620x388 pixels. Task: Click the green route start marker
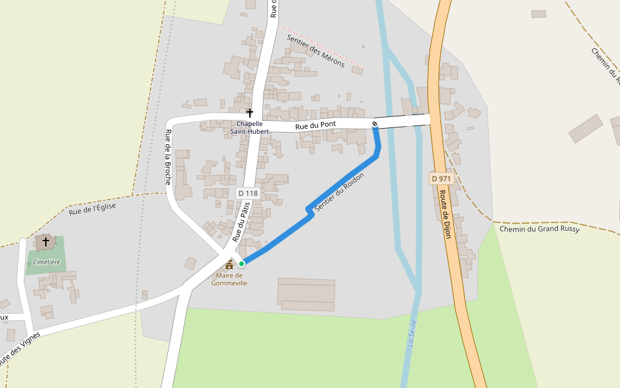[x=242, y=263]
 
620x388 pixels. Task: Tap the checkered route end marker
[x=375, y=124]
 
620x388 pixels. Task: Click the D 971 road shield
[x=440, y=178]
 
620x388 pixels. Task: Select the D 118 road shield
[x=247, y=193]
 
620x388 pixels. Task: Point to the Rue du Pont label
[x=316, y=126]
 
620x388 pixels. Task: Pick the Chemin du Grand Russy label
[x=539, y=229]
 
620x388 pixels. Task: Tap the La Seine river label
[x=411, y=333]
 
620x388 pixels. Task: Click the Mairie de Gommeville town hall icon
[x=229, y=264]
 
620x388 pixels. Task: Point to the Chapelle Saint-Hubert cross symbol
[x=250, y=113]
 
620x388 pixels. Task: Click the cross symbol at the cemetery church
[x=46, y=242]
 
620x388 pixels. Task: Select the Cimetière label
[x=46, y=262]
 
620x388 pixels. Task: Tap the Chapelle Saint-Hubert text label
[x=249, y=127]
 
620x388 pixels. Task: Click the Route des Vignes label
[x=19, y=350]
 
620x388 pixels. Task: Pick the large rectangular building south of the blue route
[x=306, y=295]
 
